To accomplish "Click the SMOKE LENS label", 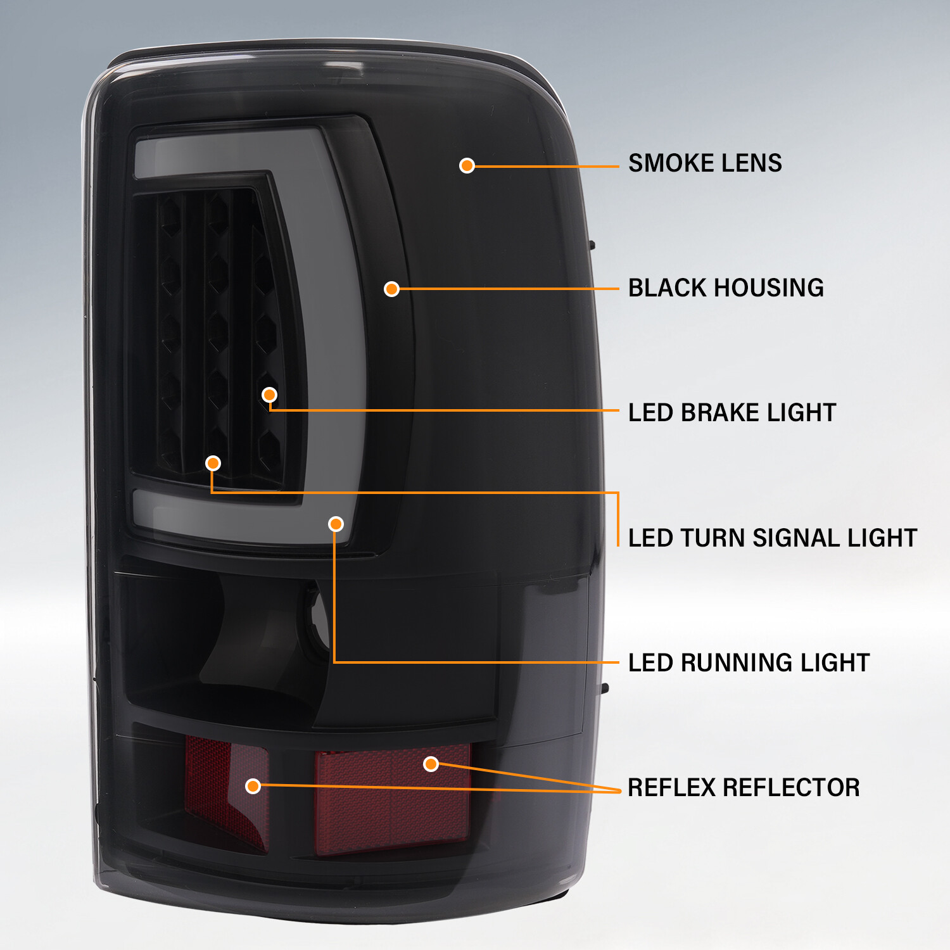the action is (x=704, y=163).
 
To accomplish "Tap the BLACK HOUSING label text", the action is (x=725, y=288).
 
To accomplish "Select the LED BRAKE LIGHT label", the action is (x=731, y=413).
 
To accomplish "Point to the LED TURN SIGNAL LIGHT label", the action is (x=772, y=538).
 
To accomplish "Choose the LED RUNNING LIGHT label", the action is (x=749, y=663).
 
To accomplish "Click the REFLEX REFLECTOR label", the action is (x=744, y=788).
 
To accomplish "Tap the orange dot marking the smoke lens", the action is (x=467, y=166).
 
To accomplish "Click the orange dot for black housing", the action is (x=391, y=289).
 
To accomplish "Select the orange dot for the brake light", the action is (x=269, y=395).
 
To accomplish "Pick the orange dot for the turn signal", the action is (x=213, y=463).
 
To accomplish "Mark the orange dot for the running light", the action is (x=336, y=524).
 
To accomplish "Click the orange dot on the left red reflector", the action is (x=253, y=786).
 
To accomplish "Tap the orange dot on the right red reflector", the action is (x=431, y=764).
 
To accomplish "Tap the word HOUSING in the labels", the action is (x=769, y=288).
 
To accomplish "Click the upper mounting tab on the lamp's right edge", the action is (x=592, y=244).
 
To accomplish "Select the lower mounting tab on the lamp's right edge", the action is (x=604, y=688).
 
